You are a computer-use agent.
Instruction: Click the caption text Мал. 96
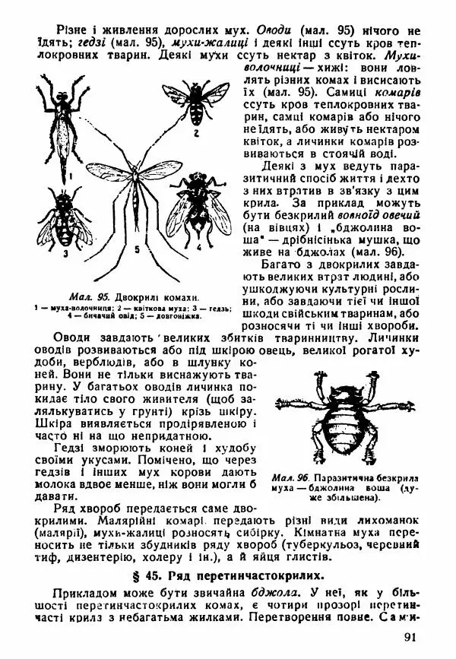[x=287, y=477]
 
